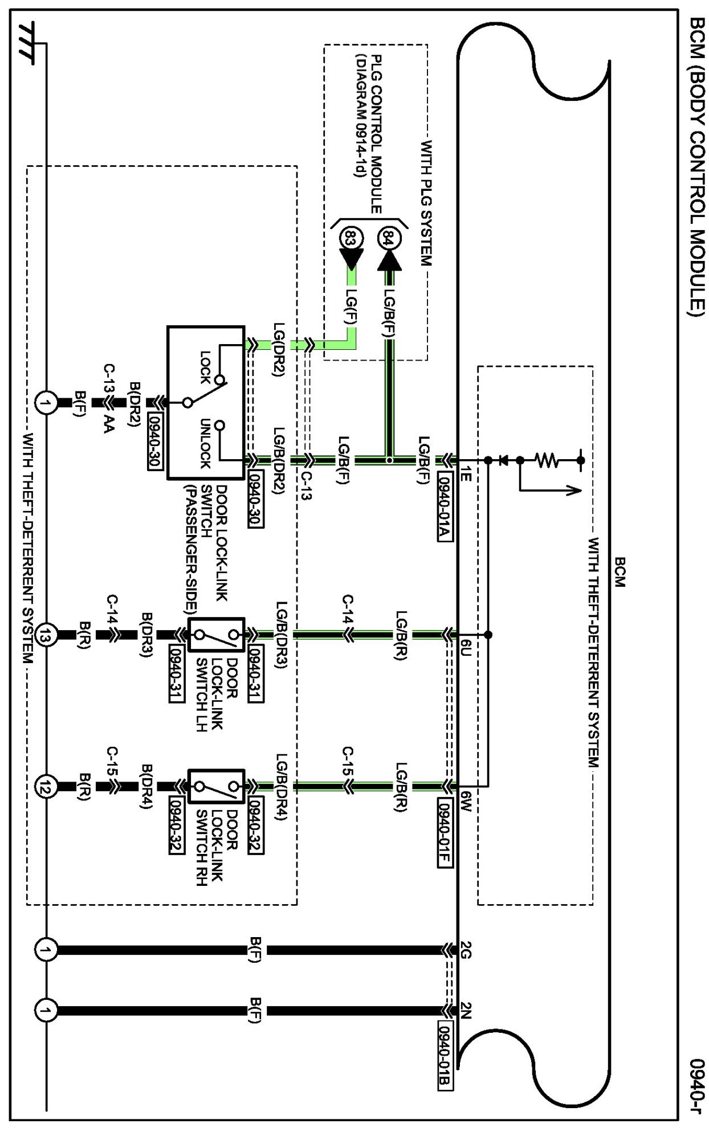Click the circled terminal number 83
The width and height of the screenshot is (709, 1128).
click(350, 238)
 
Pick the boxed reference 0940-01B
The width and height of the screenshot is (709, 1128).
click(445, 1055)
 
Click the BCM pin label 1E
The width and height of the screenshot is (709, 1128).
click(465, 473)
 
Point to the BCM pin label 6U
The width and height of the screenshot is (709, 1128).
click(465, 648)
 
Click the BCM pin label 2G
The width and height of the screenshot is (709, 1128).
click(465, 950)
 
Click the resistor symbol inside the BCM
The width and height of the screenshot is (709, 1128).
click(548, 460)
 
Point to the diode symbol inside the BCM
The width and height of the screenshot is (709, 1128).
click(503, 460)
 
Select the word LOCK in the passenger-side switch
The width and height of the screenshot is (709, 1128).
click(205, 367)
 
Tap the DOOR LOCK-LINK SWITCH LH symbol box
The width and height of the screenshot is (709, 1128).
click(216, 635)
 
